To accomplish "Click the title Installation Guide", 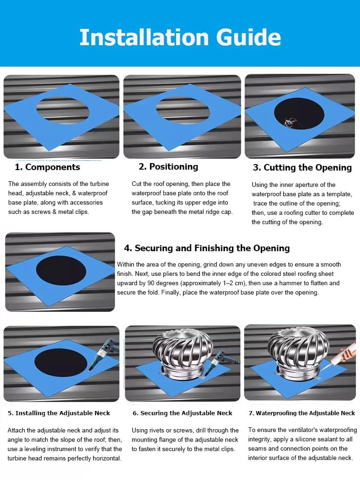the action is click(x=180, y=37).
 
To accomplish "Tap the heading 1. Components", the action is click(x=48, y=167).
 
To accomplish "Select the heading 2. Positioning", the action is click(x=168, y=166).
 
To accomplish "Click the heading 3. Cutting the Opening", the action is click(x=302, y=167).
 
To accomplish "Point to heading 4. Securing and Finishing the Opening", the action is click(x=207, y=248).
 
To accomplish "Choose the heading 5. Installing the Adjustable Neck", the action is click(x=59, y=413).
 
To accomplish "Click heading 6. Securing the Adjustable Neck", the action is click(x=182, y=413).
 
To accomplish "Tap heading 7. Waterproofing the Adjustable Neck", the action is click(x=302, y=413).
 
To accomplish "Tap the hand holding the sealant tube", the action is click(x=347, y=354).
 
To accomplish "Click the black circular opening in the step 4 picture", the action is click(x=61, y=270).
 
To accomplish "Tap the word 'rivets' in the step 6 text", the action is click(x=156, y=431).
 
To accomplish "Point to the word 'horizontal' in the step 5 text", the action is click(x=106, y=458).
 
